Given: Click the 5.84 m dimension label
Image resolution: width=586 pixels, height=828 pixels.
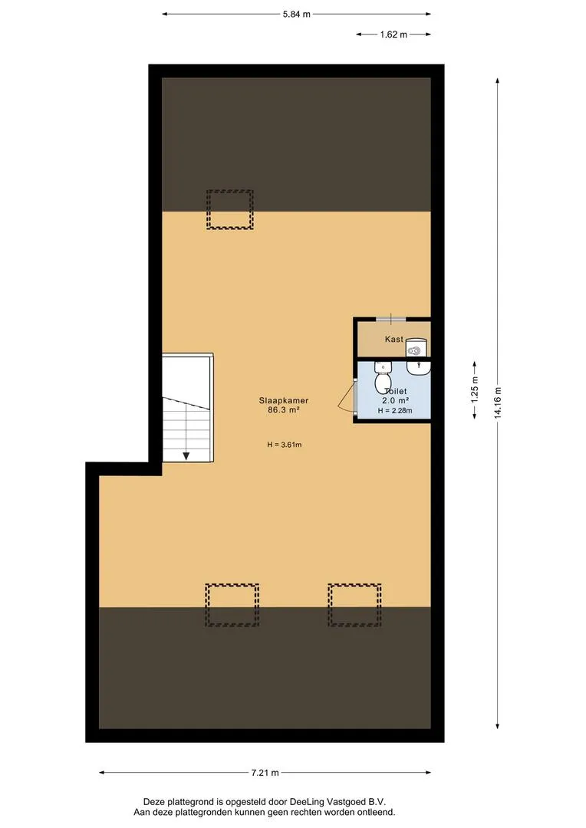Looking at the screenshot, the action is tap(296, 15).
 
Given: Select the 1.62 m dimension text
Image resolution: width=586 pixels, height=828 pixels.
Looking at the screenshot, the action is tap(393, 34).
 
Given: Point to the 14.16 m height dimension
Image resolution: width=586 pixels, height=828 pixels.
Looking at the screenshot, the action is tap(498, 403).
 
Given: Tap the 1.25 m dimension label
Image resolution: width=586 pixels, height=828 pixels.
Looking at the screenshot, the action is tap(475, 391).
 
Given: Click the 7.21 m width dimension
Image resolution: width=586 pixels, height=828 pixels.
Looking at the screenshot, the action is tap(265, 773).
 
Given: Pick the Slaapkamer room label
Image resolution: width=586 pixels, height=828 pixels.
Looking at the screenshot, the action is tap(284, 400).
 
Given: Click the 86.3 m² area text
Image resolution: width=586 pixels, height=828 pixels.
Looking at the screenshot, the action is tap(284, 409).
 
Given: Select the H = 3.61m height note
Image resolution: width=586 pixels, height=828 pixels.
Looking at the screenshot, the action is tap(285, 445).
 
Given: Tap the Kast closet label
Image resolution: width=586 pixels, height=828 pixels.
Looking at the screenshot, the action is tap(394, 339).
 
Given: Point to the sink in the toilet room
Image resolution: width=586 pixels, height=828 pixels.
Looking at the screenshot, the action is tap(419, 367).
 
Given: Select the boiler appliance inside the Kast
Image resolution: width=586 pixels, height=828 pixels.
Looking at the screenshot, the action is tap(416, 348).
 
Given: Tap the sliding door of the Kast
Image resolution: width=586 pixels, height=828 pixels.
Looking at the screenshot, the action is tap(391, 319).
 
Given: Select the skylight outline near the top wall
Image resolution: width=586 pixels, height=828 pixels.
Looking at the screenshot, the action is tap(230, 209).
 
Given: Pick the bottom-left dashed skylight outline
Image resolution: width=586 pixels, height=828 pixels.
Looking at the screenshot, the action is tap(232, 605).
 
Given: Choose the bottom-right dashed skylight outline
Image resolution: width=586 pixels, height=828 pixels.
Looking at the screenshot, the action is tap(354, 605).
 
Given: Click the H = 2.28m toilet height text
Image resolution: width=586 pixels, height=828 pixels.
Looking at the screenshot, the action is tap(395, 410).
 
